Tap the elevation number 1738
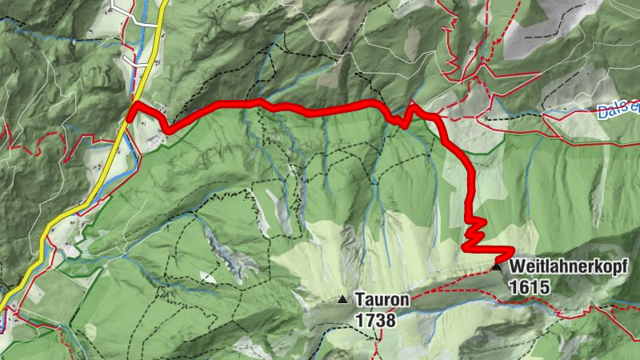[x=374, y=318]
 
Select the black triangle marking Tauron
[x=342, y=300]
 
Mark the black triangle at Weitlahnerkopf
[x=496, y=266]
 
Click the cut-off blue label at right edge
[x=619, y=110]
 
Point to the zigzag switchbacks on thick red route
[x=474, y=232]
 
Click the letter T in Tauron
[x=361, y=301]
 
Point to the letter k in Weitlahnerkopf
[x=595, y=266]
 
